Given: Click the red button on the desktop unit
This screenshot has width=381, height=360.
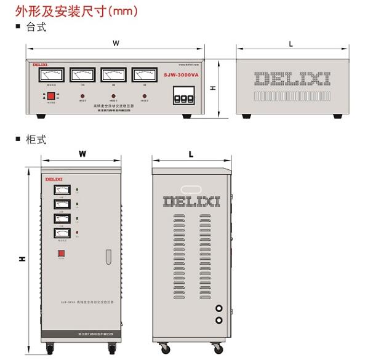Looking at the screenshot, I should point(50,97).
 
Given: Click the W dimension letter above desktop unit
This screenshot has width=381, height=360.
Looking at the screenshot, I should point(116,43).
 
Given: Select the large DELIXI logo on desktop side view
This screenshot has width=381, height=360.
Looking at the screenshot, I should point(292,78).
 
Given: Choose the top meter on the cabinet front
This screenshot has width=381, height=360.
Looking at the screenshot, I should point(62,190).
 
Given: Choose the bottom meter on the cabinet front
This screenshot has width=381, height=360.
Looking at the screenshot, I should point(62,233).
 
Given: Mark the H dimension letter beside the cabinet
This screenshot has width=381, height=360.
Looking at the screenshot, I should point(22,258).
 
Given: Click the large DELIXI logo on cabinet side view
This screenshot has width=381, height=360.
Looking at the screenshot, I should point(191,201).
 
